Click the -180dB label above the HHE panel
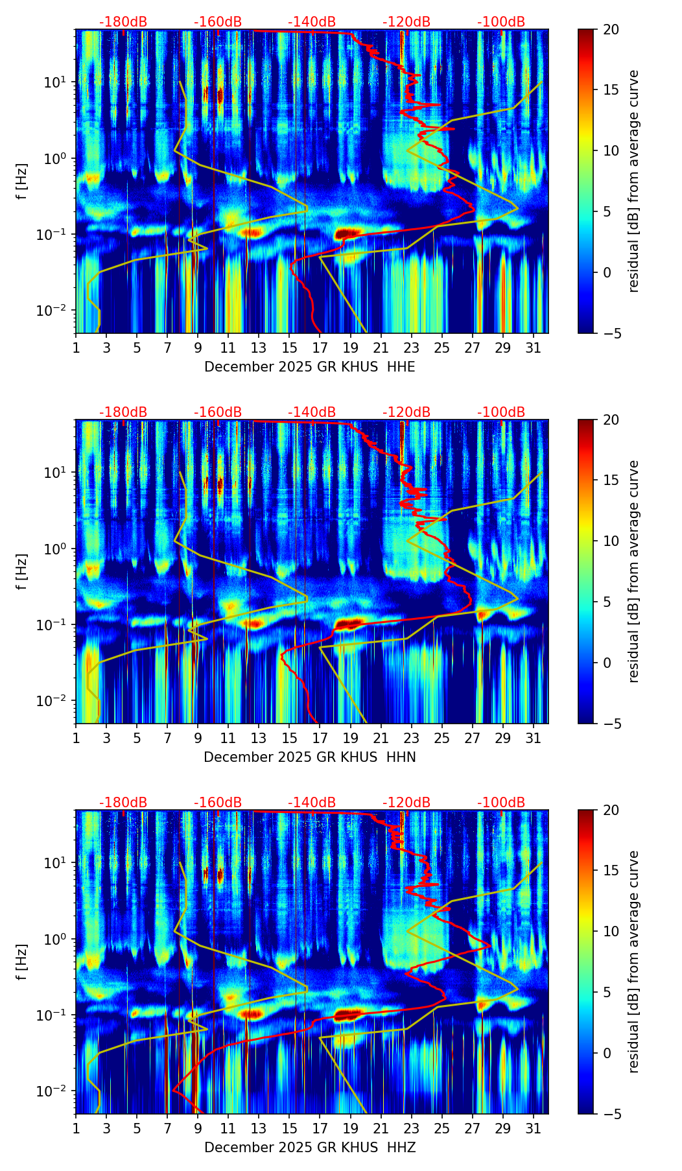coord(123,23)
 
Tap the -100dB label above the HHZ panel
coord(501,803)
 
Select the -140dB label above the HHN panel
coord(312,413)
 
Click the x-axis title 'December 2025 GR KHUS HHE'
coord(309,367)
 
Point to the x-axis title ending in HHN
coord(309,757)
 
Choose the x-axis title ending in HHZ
coord(309,1148)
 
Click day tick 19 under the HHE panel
coord(350,348)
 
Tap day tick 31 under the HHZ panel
coord(534,1128)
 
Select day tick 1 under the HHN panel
coord(76,738)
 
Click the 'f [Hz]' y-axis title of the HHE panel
coord(21,182)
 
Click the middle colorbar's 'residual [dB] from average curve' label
coord(634,571)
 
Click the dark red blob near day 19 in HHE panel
coord(349,233)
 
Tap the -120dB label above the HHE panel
coord(406,23)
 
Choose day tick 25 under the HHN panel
coord(442,738)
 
